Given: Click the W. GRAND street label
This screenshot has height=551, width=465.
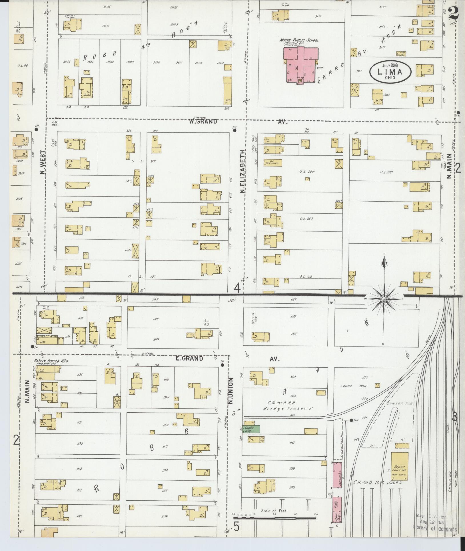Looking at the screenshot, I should tap(203, 122).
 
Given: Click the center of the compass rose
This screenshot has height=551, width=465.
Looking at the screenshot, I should tap(384, 299).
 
